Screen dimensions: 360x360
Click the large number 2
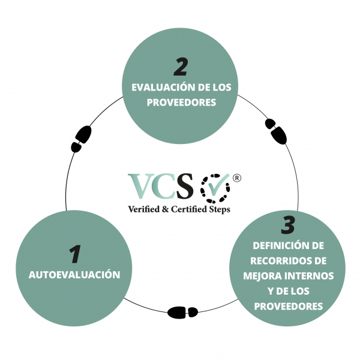[181, 67]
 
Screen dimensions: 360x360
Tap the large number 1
[75, 254]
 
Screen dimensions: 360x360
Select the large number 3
[288, 225]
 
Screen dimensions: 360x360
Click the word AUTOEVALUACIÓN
[74, 275]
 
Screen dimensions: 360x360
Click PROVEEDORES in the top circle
[181, 103]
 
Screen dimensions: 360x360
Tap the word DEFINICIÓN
[279, 245]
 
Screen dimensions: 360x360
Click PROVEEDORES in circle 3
[289, 306]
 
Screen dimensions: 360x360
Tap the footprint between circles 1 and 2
[81, 139]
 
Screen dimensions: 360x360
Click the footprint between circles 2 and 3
[276, 131]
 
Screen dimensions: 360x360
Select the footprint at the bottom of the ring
[182, 312]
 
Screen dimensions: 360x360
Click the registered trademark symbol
[237, 178]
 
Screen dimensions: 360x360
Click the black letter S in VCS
[184, 186]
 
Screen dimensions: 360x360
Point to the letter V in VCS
[140, 186]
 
